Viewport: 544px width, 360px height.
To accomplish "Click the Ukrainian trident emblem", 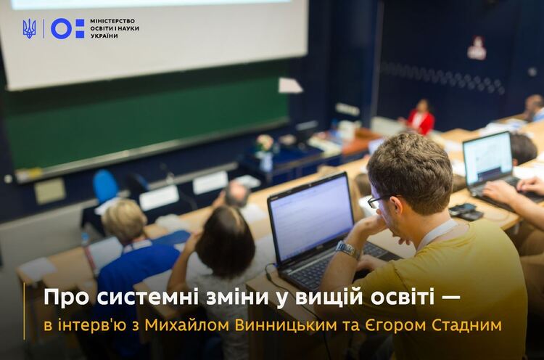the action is pyautogui.click(x=29, y=28).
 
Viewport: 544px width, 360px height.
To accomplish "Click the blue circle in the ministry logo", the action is pyautogui.click(x=61, y=28).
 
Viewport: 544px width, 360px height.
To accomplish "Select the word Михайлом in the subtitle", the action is pyautogui.click(x=187, y=326).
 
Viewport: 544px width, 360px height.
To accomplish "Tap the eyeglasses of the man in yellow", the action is pyautogui.click(x=377, y=201).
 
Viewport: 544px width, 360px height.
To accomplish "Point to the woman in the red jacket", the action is pyautogui.click(x=420, y=118).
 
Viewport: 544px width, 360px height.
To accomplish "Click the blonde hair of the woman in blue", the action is pyautogui.click(x=124, y=220).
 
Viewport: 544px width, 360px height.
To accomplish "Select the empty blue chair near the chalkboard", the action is pyautogui.click(x=105, y=186).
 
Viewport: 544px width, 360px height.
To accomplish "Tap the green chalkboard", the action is pyautogui.click(x=146, y=128).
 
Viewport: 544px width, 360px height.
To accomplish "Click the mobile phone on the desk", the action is pyautogui.click(x=463, y=209).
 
